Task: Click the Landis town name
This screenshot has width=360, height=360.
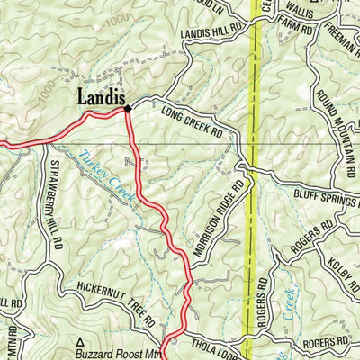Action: [x=99, y=97]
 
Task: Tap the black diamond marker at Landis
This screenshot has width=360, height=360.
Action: [x=128, y=109]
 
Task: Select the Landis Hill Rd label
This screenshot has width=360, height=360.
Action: [x=212, y=30]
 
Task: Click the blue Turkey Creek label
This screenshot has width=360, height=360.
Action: [x=103, y=171]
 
